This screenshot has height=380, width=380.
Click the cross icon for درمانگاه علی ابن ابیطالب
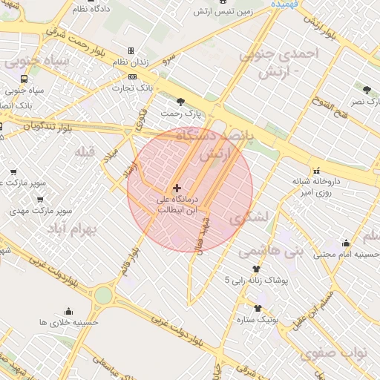click(177, 189)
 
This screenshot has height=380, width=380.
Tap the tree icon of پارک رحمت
click(180, 102)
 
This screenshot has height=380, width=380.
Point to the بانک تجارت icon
click(132, 76)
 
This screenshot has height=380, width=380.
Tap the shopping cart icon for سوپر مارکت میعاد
click(14, 173)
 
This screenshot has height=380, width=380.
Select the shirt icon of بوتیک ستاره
click(258, 308)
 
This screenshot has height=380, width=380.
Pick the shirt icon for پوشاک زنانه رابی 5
click(257, 269)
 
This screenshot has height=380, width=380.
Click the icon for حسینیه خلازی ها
click(69, 312)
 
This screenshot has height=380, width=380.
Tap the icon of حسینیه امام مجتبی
click(346, 243)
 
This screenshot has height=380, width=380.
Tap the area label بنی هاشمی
click(271, 252)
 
